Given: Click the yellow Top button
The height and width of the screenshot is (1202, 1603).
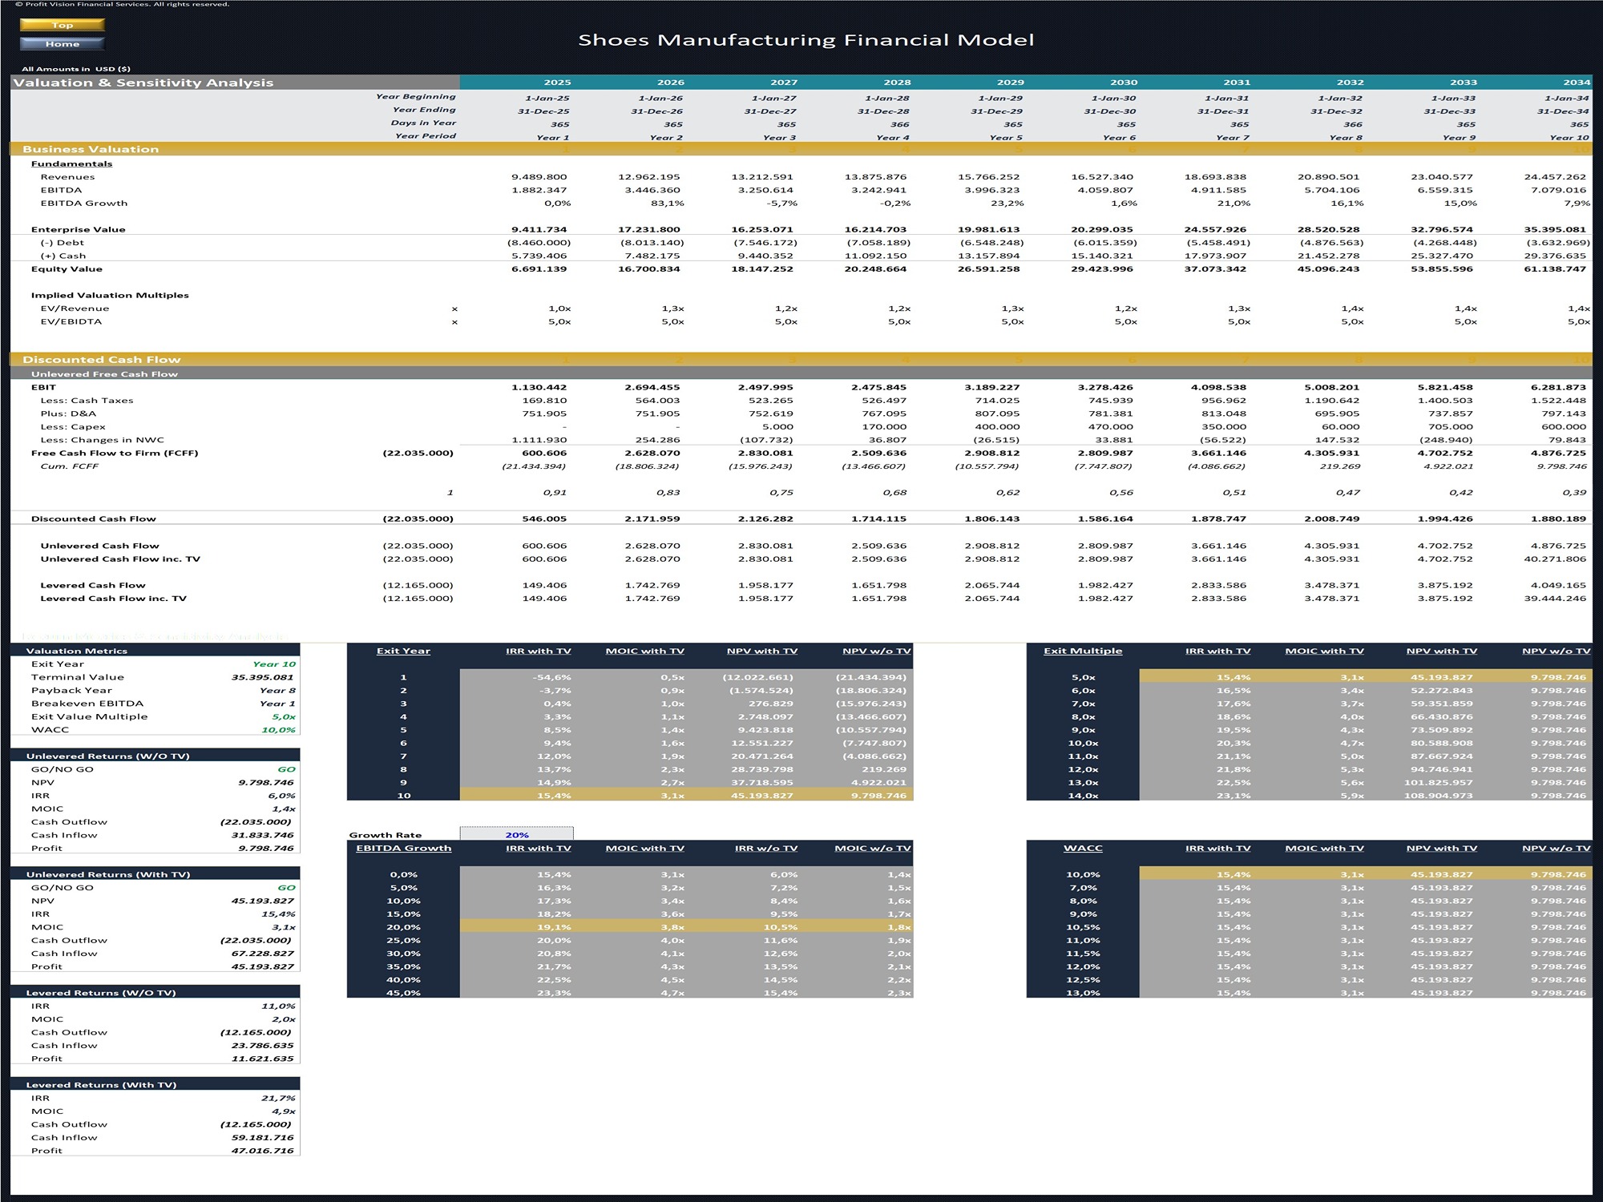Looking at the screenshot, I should [x=62, y=25].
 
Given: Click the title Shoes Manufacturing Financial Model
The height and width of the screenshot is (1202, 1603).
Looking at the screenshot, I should [x=806, y=40].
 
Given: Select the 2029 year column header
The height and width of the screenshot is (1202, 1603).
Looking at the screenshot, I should [x=1010, y=82].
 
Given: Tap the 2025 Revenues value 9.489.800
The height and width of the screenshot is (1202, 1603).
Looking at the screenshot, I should [x=539, y=177].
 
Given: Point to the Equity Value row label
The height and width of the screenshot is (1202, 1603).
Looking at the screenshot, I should [x=67, y=269].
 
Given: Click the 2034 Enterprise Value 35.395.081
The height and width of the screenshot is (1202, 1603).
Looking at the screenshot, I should [x=1554, y=229].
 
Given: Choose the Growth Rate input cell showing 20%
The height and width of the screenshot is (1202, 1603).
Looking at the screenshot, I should [x=516, y=835].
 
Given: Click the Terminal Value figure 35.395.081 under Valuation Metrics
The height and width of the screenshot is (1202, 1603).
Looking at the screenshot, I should [x=262, y=677].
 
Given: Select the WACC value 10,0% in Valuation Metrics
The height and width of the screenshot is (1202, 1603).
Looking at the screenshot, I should [x=278, y=730].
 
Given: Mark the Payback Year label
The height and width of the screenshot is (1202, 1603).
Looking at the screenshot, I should [x=71, y=691].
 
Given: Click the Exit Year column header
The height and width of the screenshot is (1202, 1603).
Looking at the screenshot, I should [x=403, y=651].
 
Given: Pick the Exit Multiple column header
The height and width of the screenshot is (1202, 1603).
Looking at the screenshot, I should [x=1082, y=651].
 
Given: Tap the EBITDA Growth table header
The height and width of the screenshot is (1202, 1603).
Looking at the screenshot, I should [x=403, y=848].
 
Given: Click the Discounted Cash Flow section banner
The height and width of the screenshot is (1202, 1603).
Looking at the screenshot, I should [x=102, y=360].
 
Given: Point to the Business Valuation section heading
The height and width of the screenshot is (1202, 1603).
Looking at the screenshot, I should [x=91, y=149].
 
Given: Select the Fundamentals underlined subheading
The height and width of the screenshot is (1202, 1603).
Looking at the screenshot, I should [x=71, y=163].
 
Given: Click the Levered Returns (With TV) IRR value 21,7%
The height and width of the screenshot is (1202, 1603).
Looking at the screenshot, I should [x=278, y=1098].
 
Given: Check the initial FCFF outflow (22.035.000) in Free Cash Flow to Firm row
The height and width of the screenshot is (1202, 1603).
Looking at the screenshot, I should [x=418, y=453].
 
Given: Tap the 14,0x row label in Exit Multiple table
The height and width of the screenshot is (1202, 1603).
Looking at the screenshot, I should [x=1083, y=796].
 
